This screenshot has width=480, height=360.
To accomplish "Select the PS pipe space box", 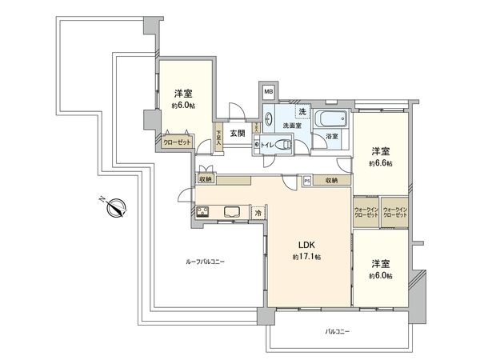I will (x=307, y=181).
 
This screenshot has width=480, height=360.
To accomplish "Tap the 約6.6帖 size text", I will (x=380, y=163).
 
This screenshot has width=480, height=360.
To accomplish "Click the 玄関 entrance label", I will (x=238, y=133).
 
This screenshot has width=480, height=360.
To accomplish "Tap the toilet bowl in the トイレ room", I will (x=282, y=146).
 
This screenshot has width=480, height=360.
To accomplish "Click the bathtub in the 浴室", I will (x=330, y=122).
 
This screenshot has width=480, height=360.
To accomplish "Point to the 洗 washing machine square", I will (x=302, y=111).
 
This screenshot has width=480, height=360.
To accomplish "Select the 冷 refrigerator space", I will (x=258, y=213).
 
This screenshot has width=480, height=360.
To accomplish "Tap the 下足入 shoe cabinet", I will (x=218, y=138).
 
